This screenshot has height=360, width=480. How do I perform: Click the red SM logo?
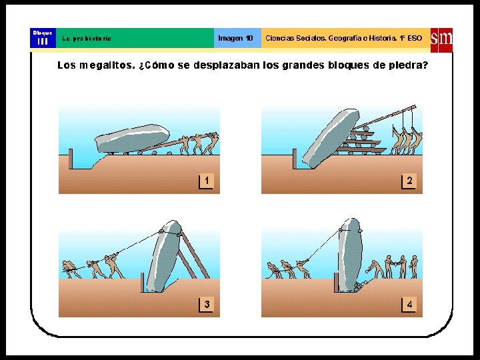tap(441, 41)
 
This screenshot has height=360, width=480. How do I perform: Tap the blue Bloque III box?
tap(43, 38)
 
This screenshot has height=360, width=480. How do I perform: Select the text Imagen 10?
tap(235, 38)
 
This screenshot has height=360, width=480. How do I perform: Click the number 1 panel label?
tap(206, 181)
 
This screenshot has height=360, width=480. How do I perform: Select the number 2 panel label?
tap(409, 181)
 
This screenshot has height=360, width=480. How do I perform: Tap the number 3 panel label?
tap(207, 305)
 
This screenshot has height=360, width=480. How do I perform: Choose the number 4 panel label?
tap(409, 305)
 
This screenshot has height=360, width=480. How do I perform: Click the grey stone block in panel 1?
tap(132, 139)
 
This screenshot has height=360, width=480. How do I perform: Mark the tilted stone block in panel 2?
tap(330, 139)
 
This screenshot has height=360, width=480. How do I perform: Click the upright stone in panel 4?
tap(350, 255)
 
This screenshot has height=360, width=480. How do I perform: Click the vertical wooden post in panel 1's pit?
tap(71, 159)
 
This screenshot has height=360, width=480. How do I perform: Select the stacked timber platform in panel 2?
tap(361, 143)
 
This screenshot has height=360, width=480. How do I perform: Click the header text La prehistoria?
tap(87, 39)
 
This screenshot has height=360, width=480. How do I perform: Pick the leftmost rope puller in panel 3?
tap(71, 269)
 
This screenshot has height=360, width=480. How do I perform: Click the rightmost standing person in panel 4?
tap(414, 267)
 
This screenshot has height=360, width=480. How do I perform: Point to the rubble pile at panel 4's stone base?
tap(360, 286)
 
